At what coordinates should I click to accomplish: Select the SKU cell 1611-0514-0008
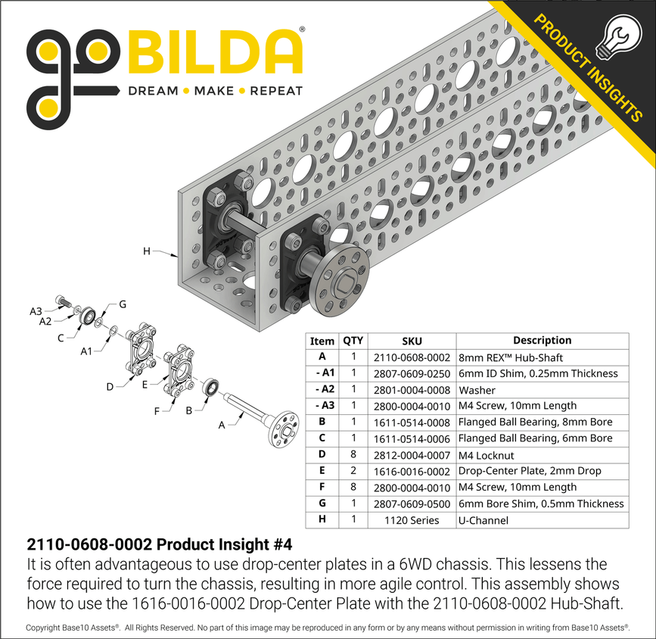click(412, 422)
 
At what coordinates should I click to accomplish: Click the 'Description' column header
click(542, 341)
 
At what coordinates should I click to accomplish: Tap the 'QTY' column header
click(353, 341)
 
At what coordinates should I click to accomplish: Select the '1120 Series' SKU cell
click(412, 520)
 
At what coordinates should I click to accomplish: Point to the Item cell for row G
click(322, 503)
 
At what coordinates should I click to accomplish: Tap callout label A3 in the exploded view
click(36, 310)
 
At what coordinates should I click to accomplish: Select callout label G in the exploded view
click(121, 304)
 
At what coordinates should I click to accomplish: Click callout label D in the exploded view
click(110, 387)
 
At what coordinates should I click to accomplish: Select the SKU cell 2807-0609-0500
click(412, 503)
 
